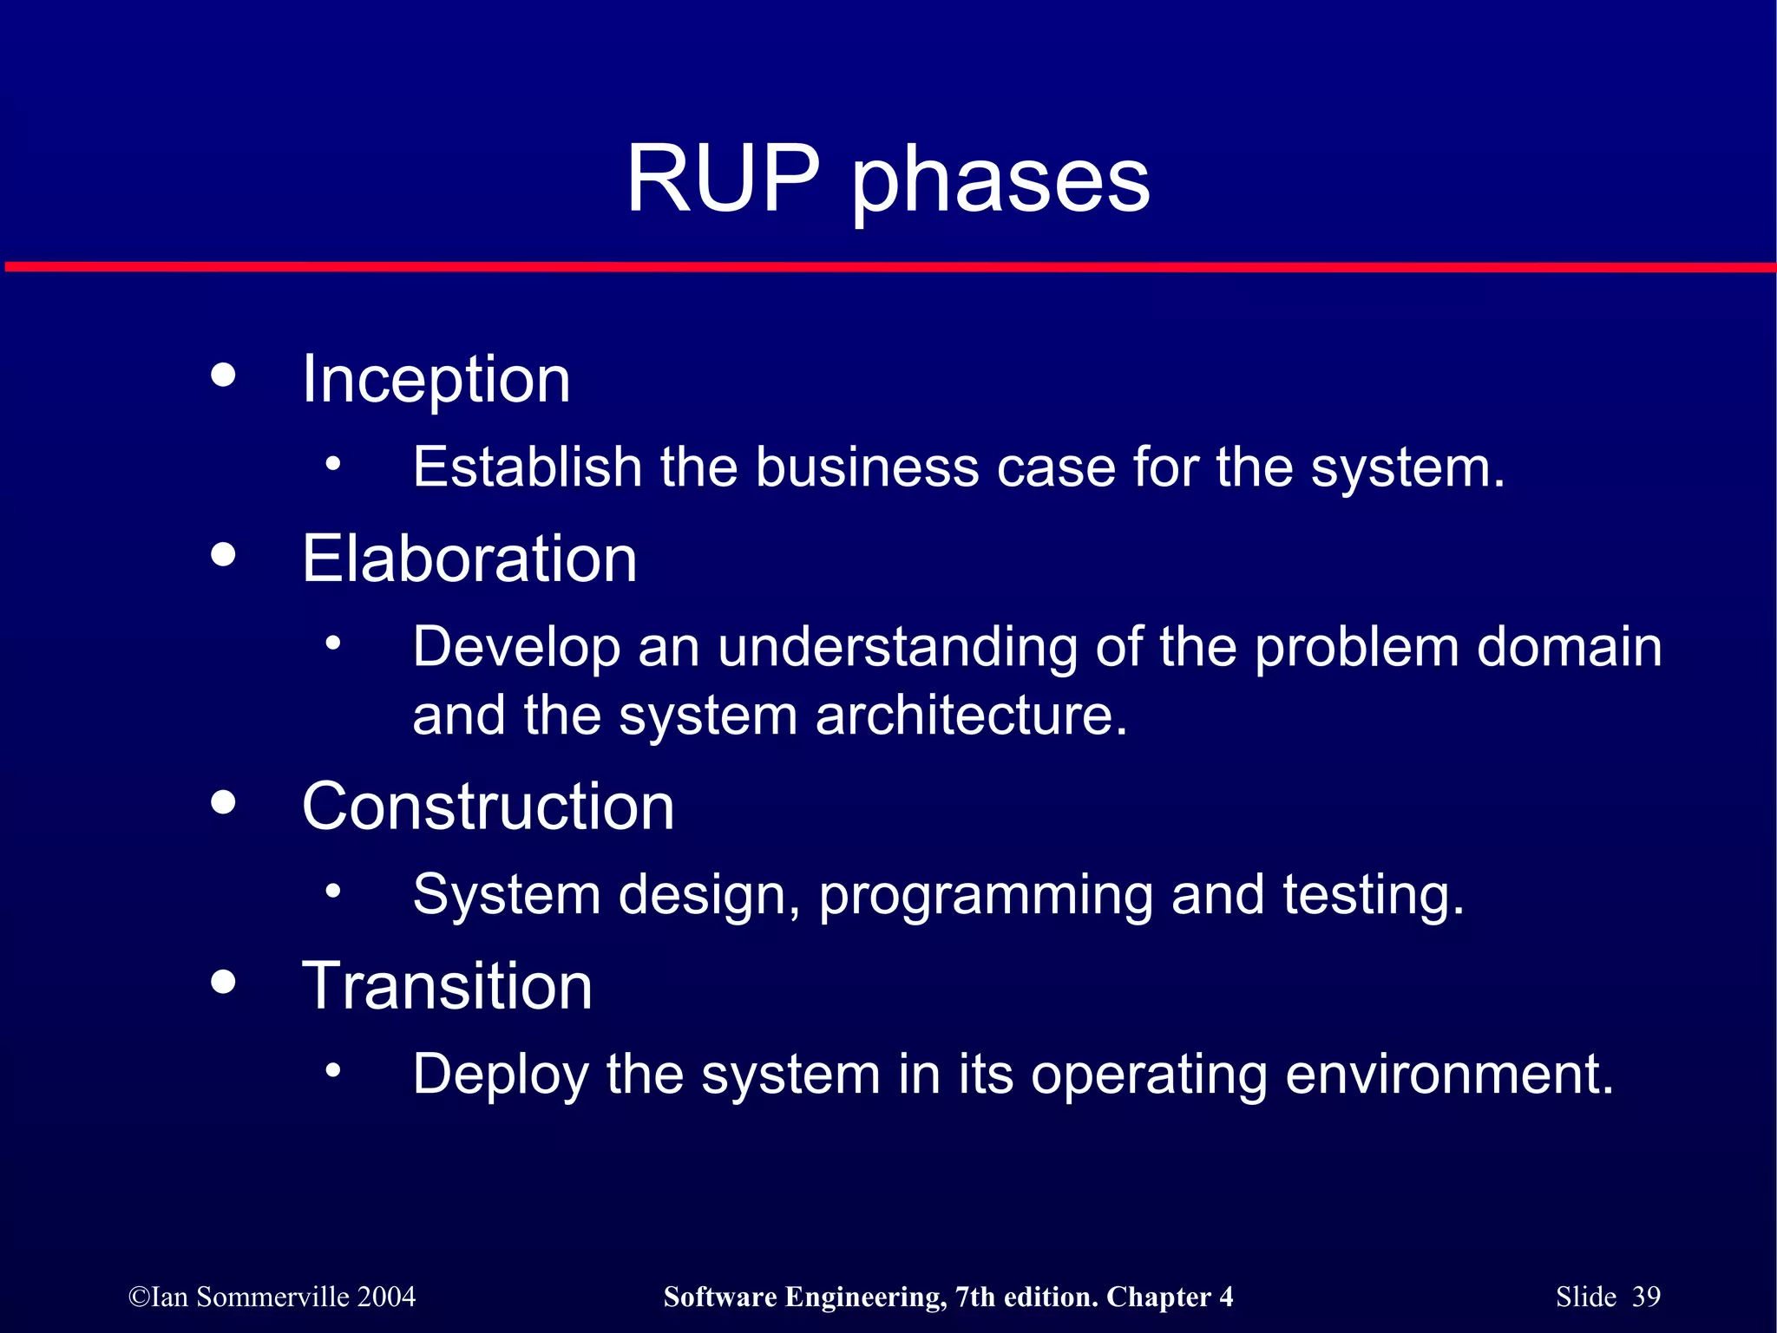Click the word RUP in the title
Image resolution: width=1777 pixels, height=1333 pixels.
coord(723,179)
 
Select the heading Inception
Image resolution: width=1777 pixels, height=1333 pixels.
coord(436,380)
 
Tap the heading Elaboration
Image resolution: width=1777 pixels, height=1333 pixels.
coord(469,559)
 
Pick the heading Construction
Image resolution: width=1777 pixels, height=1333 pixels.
coord(488,807)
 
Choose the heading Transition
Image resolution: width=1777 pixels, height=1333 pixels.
coord(447,986)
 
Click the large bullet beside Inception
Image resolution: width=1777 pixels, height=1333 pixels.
coord(223,375)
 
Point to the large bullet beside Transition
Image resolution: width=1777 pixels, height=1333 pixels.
coord(223,982)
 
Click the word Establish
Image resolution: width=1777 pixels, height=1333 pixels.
coord(527,467)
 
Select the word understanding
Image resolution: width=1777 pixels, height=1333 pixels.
coord(897,647)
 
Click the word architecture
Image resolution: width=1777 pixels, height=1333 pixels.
coord(971,716)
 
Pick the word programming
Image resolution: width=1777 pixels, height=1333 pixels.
coord(986,897)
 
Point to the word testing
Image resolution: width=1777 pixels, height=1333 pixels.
coord(1373,896)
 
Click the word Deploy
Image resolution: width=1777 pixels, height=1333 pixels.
coord(500,1075)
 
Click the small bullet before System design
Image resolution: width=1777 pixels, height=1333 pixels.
coord(333,891)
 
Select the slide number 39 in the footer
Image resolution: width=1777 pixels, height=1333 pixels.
coord(1646,1297)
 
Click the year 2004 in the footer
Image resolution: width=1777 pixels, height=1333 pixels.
coord(386,1297)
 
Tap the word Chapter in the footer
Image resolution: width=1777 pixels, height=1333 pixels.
coord(1158,1297)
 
